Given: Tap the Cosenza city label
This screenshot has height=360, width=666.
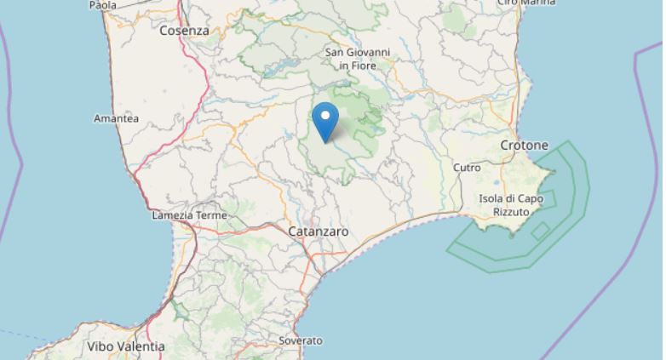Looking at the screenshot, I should (x=184, y=30).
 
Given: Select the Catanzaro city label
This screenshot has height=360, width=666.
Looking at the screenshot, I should (x=318, y=231).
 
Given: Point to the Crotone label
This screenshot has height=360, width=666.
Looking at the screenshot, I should (x=524, y=146).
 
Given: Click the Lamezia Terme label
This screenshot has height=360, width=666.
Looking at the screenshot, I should (x=189, y=215).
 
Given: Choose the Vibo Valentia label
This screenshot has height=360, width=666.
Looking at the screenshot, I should (x=126, y=346).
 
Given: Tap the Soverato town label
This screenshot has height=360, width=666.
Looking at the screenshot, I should (x=301, y=340).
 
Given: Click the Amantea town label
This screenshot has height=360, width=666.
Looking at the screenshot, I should (x=116, y=119).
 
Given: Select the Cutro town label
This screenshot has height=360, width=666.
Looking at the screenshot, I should (x=467, y=168).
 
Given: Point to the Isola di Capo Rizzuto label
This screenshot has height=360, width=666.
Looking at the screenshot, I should (x=511, y=205).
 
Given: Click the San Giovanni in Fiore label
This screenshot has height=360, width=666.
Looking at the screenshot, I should (x=358, y=59).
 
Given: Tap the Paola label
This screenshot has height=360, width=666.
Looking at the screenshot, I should (x=102, y=5).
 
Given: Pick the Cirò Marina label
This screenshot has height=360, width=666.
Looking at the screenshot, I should (x=525, y=3).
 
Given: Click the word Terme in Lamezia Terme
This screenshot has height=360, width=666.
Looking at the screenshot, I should (x=211, y=215).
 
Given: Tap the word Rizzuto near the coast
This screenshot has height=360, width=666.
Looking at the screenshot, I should (x=511, y=211).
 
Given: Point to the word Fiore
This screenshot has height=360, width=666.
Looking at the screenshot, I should (x=365, y=65).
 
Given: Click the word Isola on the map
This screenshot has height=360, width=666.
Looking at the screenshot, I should (x=491, y=199).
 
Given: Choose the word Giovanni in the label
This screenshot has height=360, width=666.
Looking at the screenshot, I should (x=369, y=53).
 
